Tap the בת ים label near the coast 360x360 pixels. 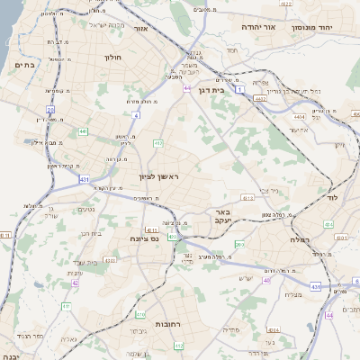[25, 66]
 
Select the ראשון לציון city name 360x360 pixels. [158, 177]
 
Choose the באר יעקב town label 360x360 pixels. [222, 216]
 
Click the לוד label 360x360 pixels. [331, 196]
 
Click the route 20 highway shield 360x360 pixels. [51, 111]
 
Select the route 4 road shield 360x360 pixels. [137, 116]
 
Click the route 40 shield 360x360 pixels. [266, 281]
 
